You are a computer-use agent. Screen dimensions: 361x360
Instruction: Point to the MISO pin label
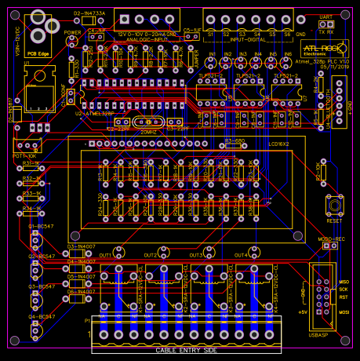(344, 280)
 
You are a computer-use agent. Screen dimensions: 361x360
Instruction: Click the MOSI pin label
(344, 312)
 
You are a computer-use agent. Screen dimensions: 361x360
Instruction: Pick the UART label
(325, 16)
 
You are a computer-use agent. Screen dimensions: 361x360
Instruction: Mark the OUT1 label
(105, 255)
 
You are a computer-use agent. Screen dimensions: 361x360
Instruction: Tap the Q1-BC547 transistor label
(42, 226)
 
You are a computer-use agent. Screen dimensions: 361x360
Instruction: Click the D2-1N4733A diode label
(89, 13)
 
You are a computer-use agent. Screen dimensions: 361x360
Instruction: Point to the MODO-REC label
(331, 238)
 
